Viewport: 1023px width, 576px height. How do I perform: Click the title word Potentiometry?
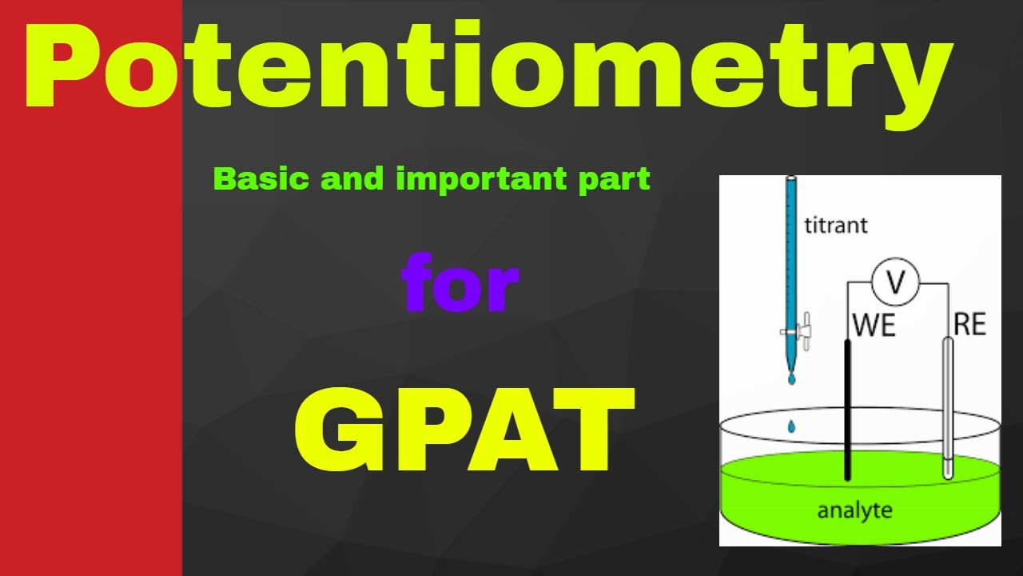click(x=488, y=68)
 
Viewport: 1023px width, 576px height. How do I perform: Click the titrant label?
click(x=835, y=225)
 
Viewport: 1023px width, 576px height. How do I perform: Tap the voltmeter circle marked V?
click(x=895, y=282)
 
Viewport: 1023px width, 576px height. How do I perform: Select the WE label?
click(x=874, y=325)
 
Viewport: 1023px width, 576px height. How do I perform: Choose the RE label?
click(x=969, y=324)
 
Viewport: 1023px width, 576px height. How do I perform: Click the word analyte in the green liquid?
click(x=854, y=510)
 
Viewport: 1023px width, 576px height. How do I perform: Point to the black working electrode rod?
click(x=847, y=408)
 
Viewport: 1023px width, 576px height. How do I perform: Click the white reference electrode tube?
click(x=948, y=408)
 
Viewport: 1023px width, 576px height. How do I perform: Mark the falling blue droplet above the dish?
click(x=791, y=427)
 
